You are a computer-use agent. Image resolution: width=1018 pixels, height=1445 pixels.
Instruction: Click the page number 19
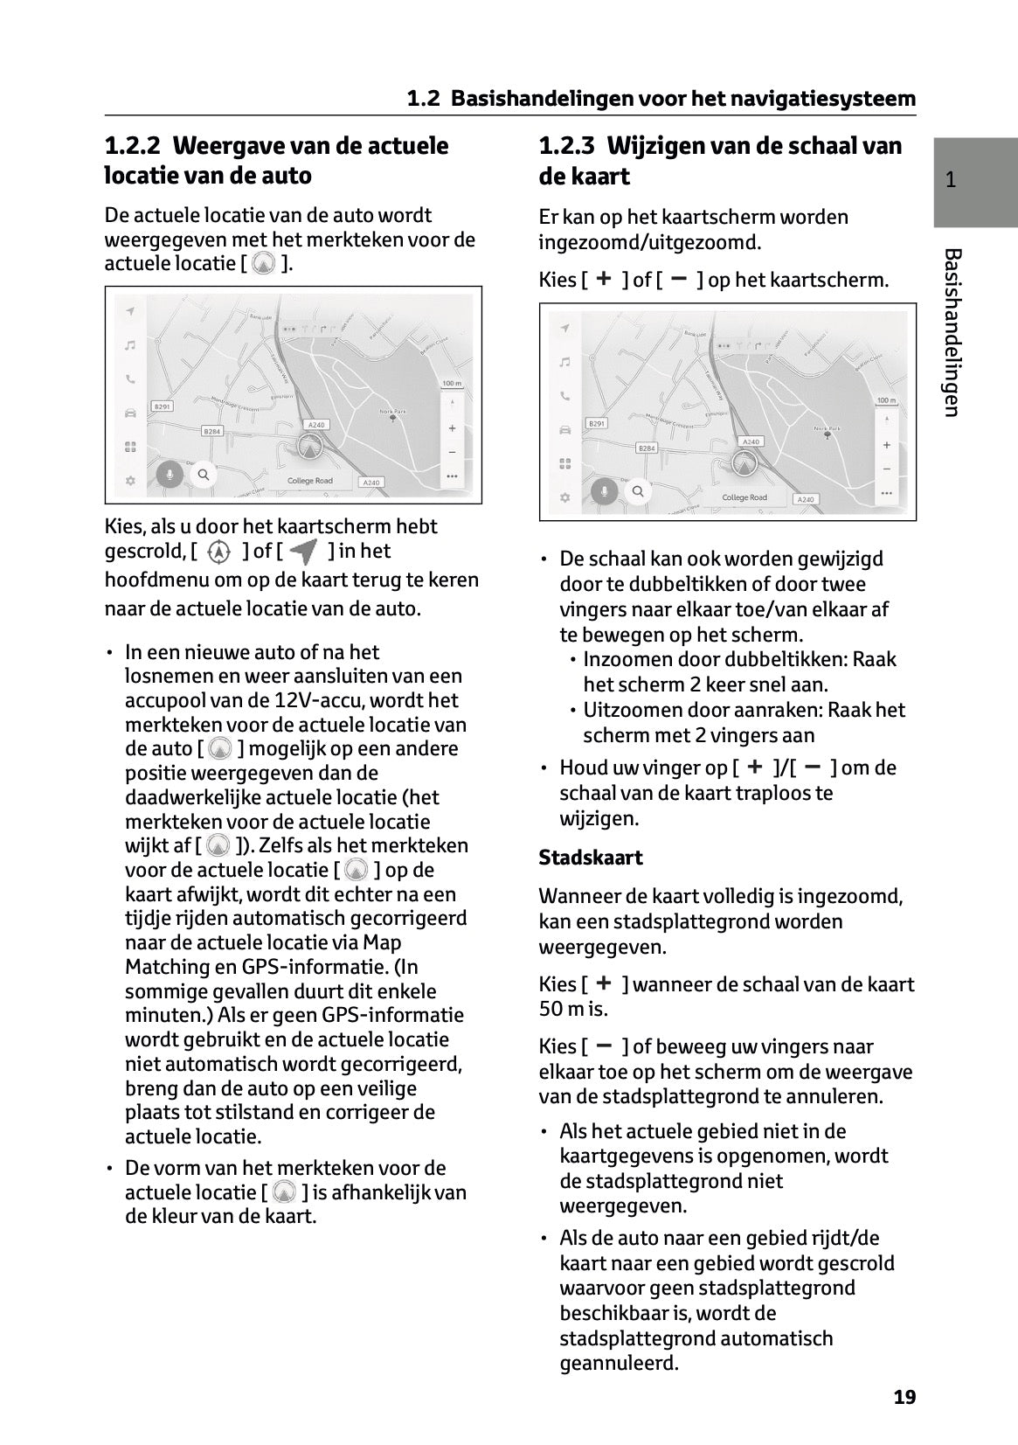click(904, 1397)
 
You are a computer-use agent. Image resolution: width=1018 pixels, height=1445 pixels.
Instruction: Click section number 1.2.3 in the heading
click(568, 146)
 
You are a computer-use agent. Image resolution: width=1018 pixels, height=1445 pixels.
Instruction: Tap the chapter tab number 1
click(951, 181)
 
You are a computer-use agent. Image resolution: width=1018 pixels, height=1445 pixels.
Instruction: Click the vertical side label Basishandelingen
click(952, 332)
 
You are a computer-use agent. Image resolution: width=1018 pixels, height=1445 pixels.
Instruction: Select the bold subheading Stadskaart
click(591, 858)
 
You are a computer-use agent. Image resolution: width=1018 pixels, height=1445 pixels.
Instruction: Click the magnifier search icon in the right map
click(638, 491)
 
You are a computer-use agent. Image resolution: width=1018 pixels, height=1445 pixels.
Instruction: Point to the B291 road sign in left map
click(163, 406)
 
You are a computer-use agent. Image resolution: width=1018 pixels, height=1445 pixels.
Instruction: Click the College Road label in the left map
click(310, 481)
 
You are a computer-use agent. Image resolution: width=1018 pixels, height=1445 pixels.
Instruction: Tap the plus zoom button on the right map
click(886, 445)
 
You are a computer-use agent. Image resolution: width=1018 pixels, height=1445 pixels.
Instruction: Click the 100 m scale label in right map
click(886, 400)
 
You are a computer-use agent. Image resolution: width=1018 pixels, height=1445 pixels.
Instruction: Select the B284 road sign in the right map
click(646, 448)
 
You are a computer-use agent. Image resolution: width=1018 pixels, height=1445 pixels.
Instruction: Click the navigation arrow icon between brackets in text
click(304, 552)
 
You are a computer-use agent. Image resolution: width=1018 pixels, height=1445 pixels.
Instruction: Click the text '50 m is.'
click(573, 1009)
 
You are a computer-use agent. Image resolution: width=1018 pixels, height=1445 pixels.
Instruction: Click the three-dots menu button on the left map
click(451, 476)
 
